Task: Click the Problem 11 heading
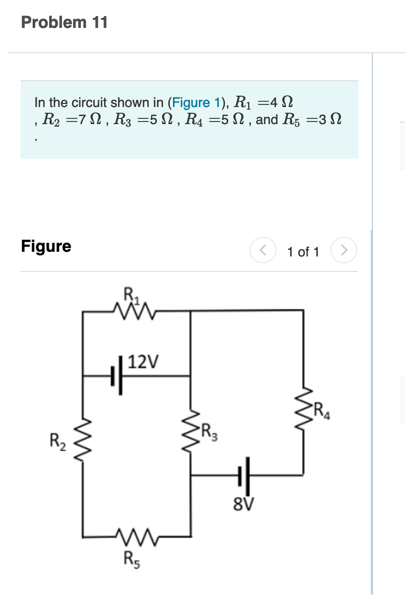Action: point(64,22)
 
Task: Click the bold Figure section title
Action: point(46,246)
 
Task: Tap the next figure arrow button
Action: point(343,251)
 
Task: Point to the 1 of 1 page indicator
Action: point(303,252)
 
